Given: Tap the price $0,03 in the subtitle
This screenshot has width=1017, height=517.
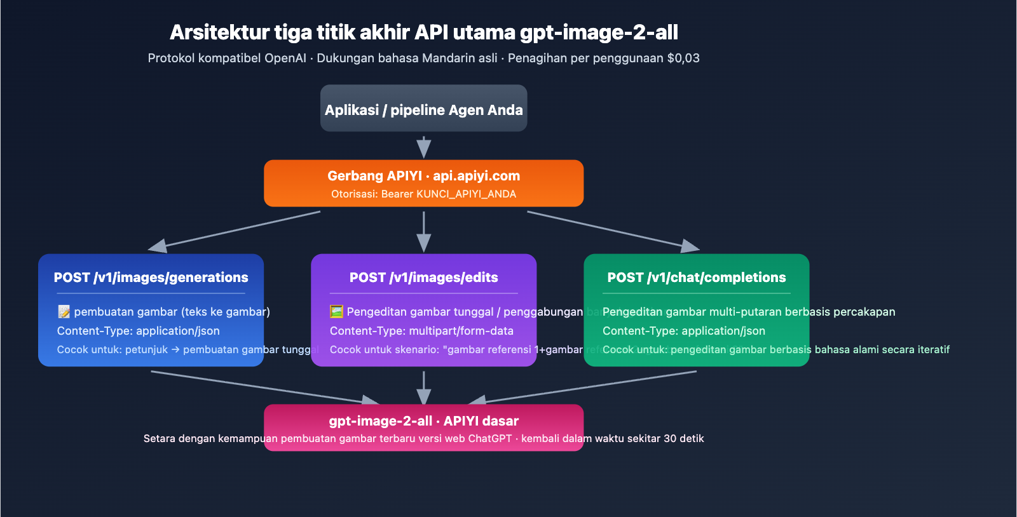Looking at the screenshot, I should click(683, 58).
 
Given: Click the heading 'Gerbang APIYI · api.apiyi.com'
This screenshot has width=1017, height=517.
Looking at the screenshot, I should click(423, 176).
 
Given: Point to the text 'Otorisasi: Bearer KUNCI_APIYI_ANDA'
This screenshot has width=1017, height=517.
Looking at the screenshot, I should click(423, 194).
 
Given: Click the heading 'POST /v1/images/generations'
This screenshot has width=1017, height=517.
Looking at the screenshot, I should click(151, 278).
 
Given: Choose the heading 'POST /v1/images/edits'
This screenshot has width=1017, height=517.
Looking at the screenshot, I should click(423, 278).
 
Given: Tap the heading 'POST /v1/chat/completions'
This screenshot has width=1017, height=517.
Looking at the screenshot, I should click(696, 278).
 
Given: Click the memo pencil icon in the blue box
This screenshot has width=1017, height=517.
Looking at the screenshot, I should click(64, 312).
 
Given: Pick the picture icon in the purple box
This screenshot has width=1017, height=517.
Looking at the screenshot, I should click(336, 312).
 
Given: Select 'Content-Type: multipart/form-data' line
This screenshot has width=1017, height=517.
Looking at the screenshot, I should click(421, 331).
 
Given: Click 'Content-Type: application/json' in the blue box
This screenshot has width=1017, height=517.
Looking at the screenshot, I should click(138, 331).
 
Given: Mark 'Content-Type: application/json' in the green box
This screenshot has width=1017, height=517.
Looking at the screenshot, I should click(683, 331).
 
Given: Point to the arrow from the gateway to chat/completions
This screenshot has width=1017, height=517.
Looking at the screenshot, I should click(613, 230).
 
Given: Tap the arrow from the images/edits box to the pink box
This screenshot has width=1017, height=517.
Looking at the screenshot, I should click(423, 387).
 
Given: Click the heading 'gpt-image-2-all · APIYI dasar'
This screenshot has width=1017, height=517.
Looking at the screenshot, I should click(423, 421).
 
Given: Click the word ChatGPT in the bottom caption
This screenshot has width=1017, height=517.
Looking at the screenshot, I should click(489, 439).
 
